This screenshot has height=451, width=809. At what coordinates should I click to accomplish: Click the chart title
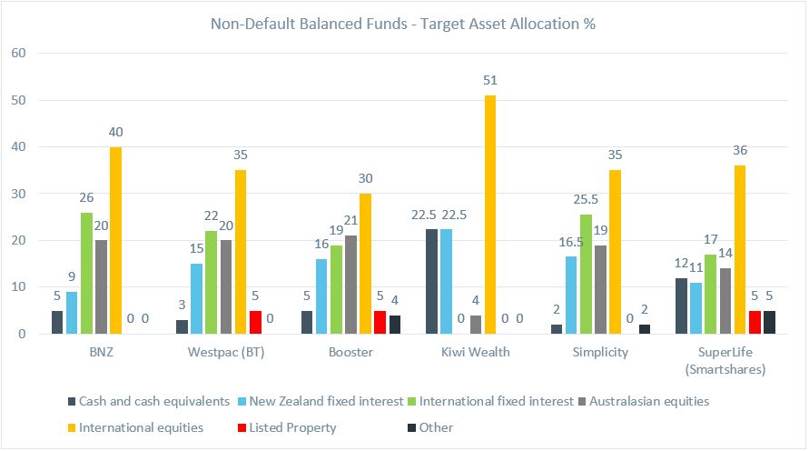(404, 24)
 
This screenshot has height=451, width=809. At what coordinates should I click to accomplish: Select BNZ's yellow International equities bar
(115, 240)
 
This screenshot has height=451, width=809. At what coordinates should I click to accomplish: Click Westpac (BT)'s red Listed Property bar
(255, 322)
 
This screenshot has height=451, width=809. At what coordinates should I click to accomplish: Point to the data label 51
(490, 81)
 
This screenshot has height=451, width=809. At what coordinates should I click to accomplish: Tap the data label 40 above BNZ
(115, 133)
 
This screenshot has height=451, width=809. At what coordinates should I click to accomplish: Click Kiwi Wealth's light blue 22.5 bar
(447, 281)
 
